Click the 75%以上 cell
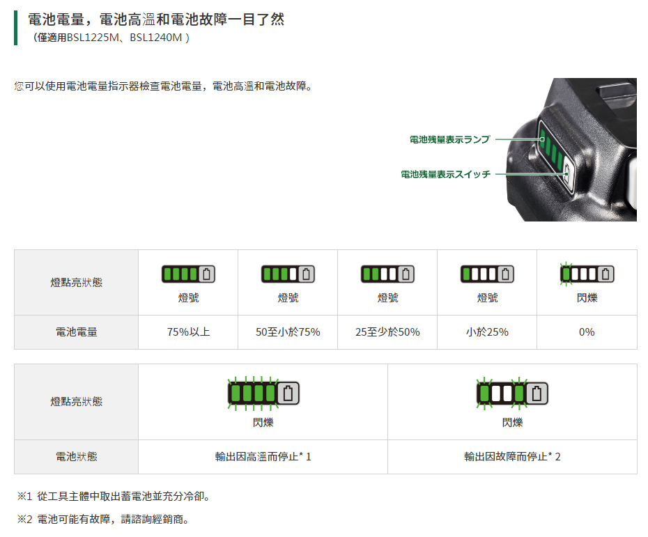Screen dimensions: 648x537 188,332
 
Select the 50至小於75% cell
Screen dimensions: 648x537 288,332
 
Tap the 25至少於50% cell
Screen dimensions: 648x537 387,332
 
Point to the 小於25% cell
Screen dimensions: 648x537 487,332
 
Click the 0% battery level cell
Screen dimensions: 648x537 587,332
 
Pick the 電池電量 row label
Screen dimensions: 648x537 77,332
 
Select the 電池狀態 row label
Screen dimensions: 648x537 77,456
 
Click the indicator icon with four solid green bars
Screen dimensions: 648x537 188,274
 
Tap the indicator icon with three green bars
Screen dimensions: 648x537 288,274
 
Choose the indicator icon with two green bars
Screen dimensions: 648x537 387,274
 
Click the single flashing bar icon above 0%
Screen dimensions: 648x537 587,274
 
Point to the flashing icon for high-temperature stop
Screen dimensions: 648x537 263,394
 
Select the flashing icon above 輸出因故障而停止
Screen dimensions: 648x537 512,394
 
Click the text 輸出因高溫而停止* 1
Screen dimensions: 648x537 263,456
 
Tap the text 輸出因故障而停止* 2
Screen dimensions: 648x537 512,456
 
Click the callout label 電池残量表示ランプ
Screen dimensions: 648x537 449,139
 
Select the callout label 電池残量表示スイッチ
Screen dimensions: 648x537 445,174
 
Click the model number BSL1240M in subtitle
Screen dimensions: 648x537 156,38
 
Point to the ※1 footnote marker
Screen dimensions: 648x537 24,496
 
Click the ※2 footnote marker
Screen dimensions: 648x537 24,519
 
